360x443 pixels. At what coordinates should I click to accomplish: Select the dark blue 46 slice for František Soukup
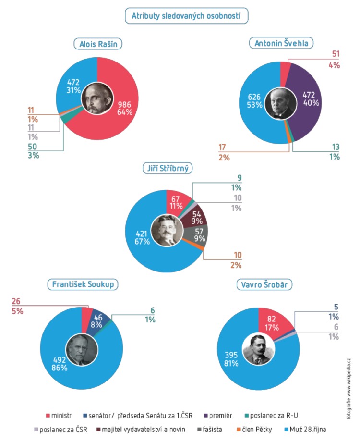click(98, 320)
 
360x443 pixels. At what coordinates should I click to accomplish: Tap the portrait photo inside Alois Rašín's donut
click(97, 99)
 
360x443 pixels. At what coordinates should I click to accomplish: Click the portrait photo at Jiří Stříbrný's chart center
click(166, 231)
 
